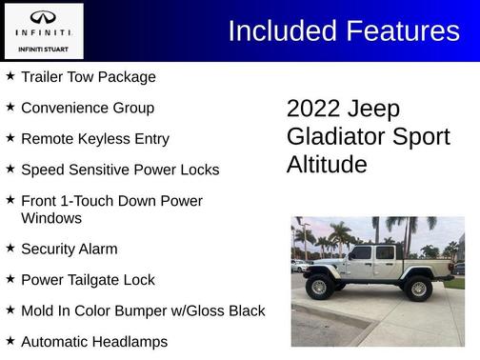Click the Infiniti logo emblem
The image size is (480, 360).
pos(43,17)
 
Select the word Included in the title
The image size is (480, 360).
pos(282,30)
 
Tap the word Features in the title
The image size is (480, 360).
pos(402,30)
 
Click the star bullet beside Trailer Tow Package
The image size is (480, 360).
pos(10,76)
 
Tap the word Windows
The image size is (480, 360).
pos(51,218)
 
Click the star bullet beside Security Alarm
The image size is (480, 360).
pos(10,249)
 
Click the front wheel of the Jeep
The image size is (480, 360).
pos(319,287)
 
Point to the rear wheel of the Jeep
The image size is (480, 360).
pos(417,287)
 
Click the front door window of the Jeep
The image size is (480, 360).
pos(362,253)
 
